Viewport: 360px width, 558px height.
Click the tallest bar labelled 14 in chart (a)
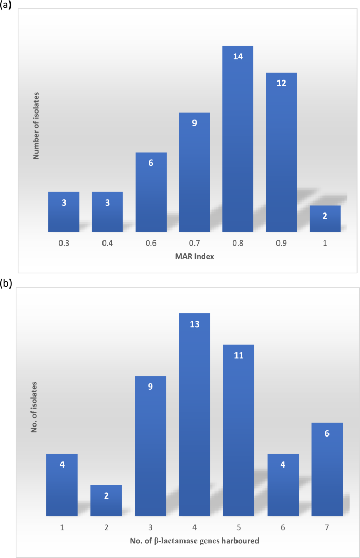238,139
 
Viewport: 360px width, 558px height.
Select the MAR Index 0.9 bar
281,152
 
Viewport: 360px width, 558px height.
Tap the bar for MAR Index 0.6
151,192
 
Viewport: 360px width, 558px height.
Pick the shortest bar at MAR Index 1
325,218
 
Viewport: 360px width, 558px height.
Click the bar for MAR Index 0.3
64,212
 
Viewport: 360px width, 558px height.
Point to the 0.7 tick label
194,244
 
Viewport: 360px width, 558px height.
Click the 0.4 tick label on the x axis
107,244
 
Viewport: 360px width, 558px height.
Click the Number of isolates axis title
37,126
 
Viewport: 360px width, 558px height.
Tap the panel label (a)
7,6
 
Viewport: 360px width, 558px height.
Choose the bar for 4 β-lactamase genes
194,415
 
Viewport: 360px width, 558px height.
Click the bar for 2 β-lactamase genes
106,501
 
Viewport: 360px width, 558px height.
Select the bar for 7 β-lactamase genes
327,470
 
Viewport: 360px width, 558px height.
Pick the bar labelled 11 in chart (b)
239,431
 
